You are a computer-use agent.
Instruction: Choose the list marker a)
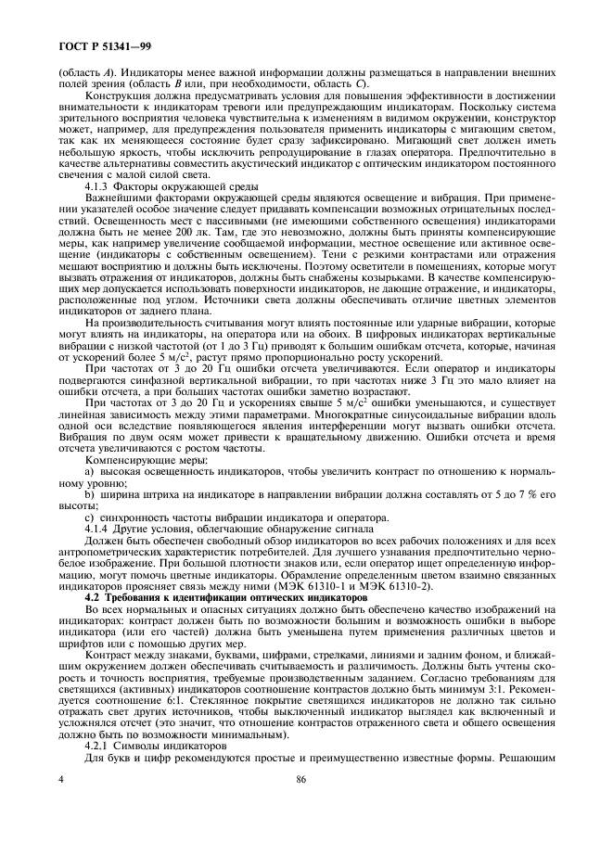(x=89, y=463)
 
